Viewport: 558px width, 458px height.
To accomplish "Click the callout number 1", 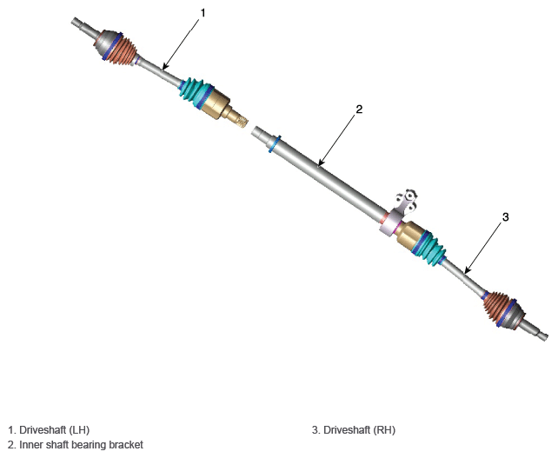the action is coord(203,13).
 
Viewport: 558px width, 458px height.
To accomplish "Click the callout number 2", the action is coord(359,110).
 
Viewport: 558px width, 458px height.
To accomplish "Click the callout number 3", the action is coord(505,216).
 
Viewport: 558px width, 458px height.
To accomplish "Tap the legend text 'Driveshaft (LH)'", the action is coord(54,430).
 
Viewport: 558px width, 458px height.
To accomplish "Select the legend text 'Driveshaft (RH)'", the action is coord(360,430).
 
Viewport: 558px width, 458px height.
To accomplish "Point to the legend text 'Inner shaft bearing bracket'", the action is coord(81,445).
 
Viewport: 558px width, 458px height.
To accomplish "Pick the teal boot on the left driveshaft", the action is coord(196,92).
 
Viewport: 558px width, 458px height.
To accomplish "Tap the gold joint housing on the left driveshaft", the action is coord(216,103).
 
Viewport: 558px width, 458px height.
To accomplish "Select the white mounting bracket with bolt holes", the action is coord(407,202).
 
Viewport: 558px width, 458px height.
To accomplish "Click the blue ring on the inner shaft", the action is coord(275,143).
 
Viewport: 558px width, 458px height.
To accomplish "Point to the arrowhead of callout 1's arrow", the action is coord(163,68).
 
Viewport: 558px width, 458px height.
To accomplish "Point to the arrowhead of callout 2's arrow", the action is coord(320,164).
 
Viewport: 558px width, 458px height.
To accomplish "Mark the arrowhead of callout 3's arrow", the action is coord(466,272).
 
